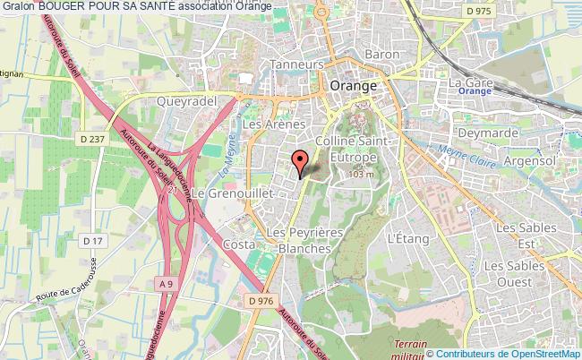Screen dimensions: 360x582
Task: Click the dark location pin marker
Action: pos(300,163)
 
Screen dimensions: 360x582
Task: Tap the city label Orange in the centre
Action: pos(353,86)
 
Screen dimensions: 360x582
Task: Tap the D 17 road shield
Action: pos(92,241)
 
